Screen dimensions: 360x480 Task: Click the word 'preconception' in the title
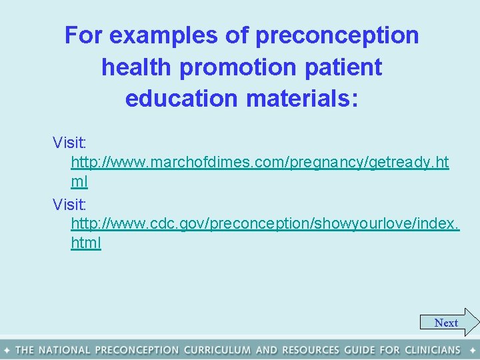click(x=337, y=35)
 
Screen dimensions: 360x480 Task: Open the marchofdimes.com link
click(x=259, y=163)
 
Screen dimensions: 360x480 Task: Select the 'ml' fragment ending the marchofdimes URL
click(x=79, y=181)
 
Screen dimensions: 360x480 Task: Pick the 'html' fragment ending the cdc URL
click(x=86, y=243)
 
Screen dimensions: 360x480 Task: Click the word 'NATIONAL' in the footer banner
click(x=65, y=350)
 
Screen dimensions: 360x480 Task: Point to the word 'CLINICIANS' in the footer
click(x=431, y=350)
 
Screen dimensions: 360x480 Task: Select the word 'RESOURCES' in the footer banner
click(x=310, y=350)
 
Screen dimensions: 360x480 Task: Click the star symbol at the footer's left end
click(x=6, y=350)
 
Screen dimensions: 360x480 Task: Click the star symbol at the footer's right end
click(x=472, y=350)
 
